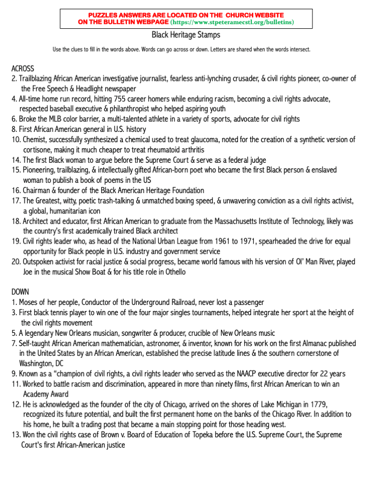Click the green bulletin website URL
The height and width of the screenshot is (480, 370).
(232, 23)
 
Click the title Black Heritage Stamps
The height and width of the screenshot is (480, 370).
(186, 35)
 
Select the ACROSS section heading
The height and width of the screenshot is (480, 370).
(23, 68)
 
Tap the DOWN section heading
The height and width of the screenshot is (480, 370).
(20, 292)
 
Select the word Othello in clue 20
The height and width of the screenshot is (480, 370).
(173, 271)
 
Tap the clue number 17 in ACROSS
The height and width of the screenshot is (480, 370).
(15, 200)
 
